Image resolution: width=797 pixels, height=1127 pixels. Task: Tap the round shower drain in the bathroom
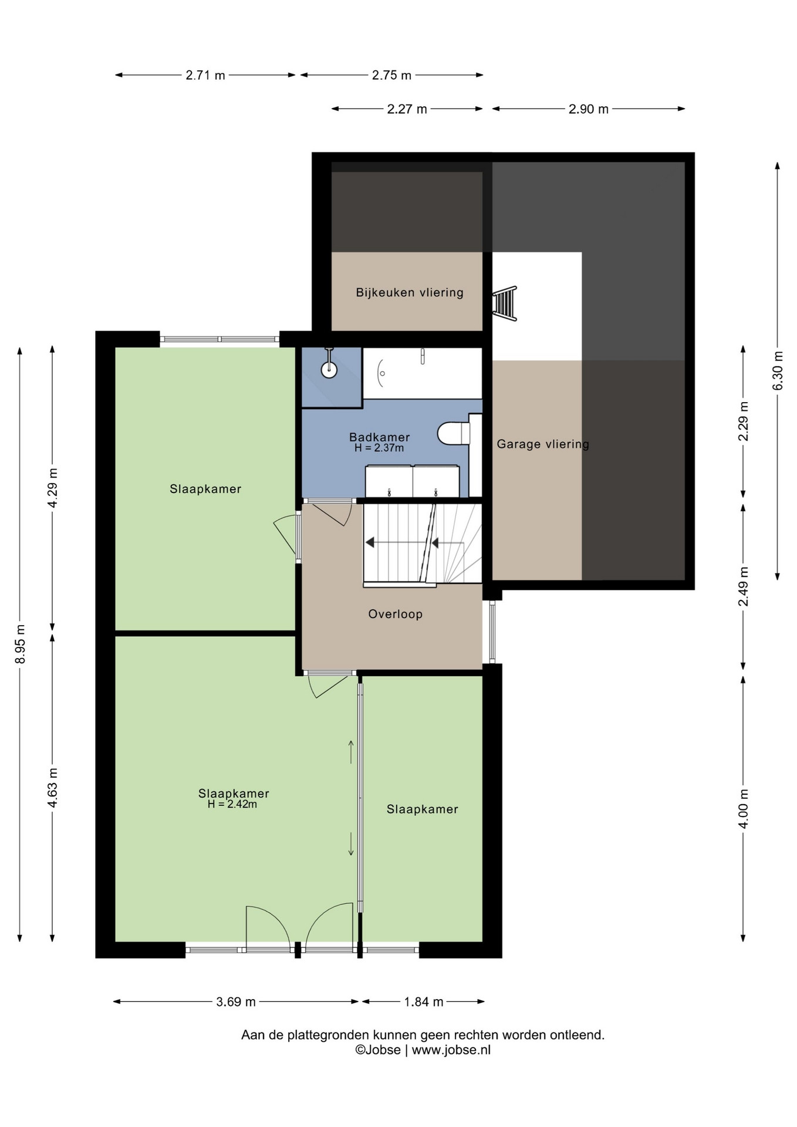click(329, 370)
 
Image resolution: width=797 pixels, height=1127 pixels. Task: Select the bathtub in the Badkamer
click(423, 373)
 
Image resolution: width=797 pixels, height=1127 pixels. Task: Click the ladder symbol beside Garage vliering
click(505, 303)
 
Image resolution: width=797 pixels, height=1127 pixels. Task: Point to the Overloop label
click(396, 614)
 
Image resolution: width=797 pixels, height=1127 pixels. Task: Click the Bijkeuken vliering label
click(410, 292)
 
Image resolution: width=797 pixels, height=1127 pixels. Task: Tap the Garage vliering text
click(543, 444)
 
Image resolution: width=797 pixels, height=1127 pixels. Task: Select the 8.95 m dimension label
click(21, 645)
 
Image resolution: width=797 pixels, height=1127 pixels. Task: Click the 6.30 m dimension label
click(778, 370)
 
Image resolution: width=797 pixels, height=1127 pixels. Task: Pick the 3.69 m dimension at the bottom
click(236, 1001)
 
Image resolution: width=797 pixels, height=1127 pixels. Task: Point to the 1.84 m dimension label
click(424, 1001)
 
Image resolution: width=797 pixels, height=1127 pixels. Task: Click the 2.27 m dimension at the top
click(407, 109)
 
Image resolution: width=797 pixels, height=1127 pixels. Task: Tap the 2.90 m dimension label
click(589, 109)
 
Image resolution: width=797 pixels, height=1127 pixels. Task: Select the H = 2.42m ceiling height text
click(232, 804)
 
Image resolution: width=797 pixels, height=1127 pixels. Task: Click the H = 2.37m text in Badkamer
click(379, 448)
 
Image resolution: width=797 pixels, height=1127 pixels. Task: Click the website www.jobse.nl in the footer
click(451, 1050)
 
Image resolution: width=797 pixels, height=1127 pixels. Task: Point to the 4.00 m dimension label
click(744, 808)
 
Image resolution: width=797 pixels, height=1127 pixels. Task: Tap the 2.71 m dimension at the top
click(205, 75)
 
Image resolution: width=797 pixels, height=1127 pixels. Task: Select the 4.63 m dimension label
click(53, 787)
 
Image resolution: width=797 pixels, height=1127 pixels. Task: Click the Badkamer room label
click(379, 437)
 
